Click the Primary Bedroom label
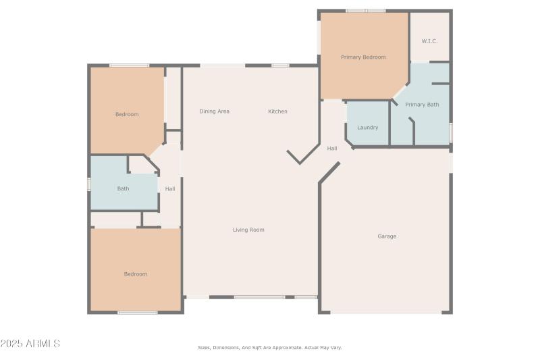[363, 57]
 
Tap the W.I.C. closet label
[429, 41]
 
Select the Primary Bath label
[422, 105]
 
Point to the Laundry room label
[367, 128]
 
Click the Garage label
[387, 236]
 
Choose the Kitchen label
[277, 111]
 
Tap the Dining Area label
[214, 111]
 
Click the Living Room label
[248, 230]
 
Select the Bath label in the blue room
[123, 189]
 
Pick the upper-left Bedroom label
[126, 115]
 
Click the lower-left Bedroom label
[135, 274]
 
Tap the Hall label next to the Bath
[170, 189]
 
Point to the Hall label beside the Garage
[332, 149]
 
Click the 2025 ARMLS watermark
[30, 344]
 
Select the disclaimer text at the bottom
[269, 348]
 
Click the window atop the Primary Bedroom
[365, 11]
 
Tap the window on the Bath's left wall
[89, 184]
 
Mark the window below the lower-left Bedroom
[138, 312]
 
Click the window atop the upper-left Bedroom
[129, 66]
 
